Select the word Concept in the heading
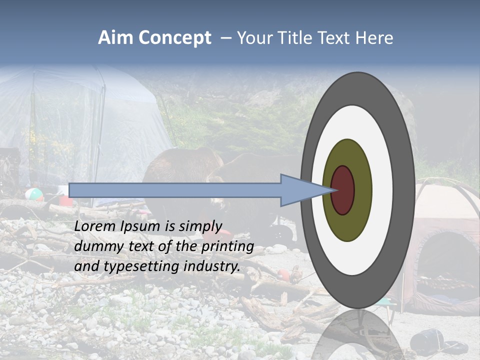[175, 38]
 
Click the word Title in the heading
[295, 38]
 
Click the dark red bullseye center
[342, 190]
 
